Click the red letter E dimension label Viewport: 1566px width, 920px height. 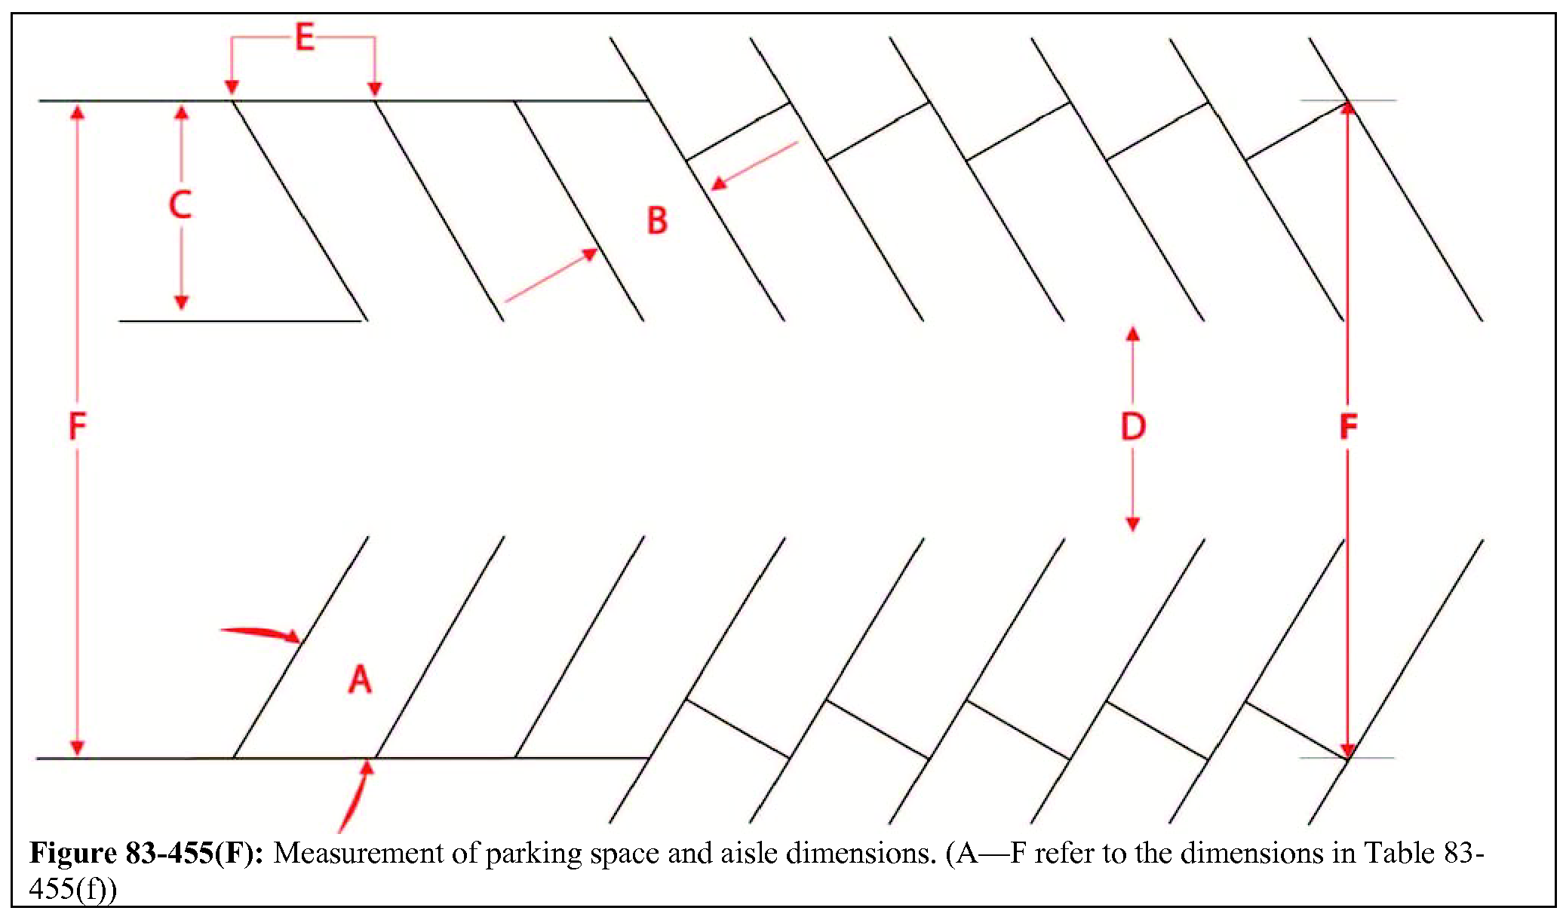pos(304,37)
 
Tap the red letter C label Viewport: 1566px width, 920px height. pos(180,205)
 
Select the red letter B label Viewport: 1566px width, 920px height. pos(657,221)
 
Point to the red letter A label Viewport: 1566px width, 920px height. pos(360,679)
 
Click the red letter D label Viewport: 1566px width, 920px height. pos(1133,427)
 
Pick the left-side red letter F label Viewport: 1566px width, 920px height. pos(78,427)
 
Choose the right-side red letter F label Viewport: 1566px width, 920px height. pos(1348,427)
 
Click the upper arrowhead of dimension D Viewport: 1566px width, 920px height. pos(1132,333)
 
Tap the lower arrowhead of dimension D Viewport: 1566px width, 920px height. pos(1132,524)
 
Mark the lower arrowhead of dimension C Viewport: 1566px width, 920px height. pos(181,302)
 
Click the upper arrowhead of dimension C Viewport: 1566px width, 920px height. pos(181,113)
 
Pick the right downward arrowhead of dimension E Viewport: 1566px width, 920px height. pos(374,88)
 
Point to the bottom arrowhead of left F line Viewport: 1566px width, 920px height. pos(77,747)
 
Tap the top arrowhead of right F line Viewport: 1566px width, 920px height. pos(1348,108)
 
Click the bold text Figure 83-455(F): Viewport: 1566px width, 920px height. pos(146,854)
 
